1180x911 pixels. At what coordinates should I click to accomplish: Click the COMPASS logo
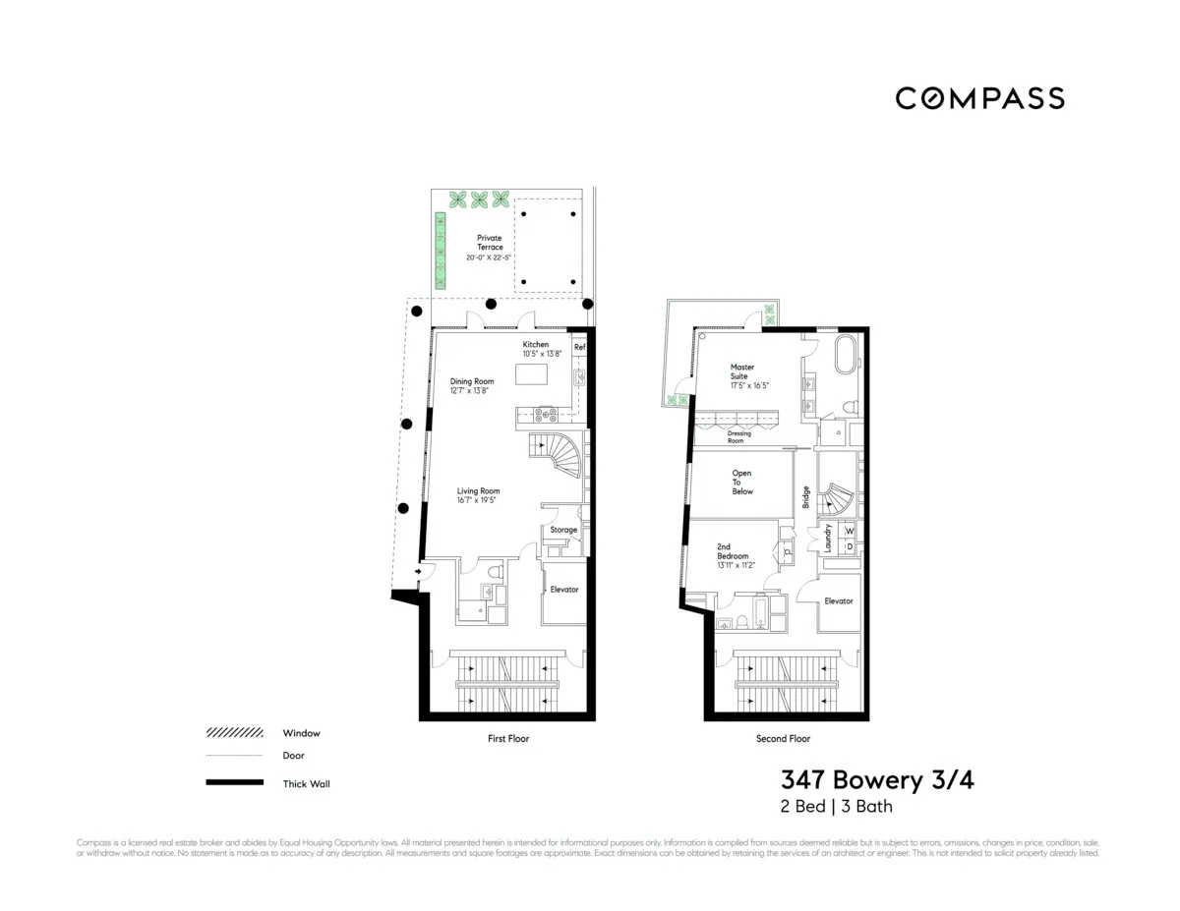point(979,98)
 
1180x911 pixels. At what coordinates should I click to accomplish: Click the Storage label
point(563,530)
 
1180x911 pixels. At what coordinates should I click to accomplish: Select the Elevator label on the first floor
point(563,590)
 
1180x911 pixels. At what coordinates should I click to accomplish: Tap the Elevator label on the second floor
point(838,600)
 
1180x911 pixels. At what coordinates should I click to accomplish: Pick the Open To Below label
point(742,483)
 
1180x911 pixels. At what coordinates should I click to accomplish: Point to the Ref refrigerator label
point(579,347)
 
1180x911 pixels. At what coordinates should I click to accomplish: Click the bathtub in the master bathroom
point(845,353)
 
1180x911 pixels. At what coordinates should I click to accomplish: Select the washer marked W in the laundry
point(849,531)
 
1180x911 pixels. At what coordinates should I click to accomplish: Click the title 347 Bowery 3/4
point(877,780)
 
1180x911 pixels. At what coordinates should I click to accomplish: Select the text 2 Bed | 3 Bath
point(836,807)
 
